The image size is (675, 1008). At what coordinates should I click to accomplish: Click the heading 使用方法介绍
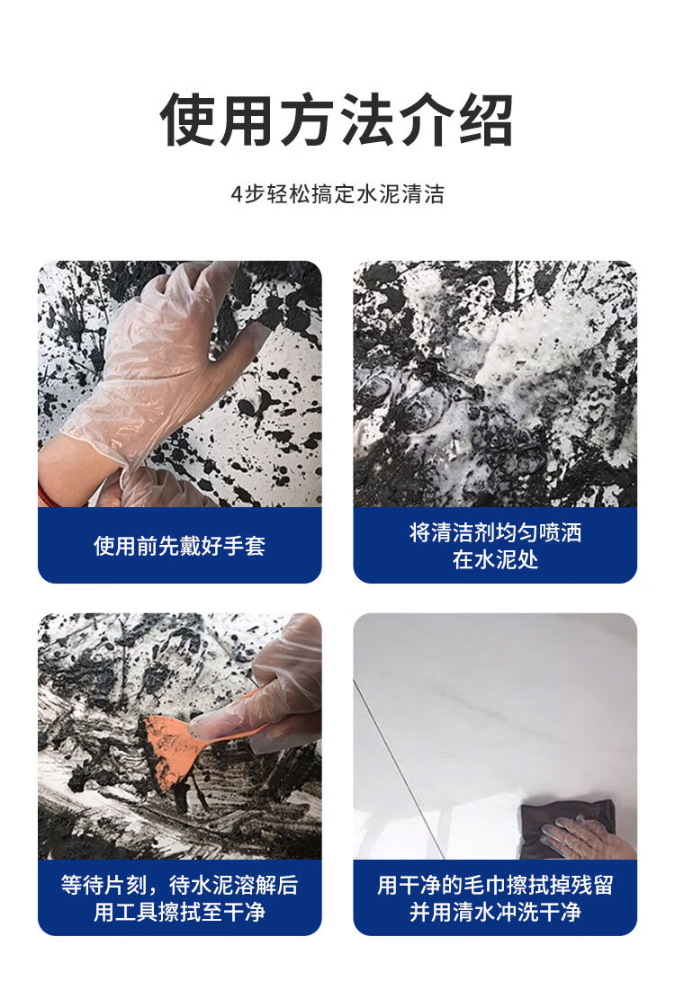point(337,120)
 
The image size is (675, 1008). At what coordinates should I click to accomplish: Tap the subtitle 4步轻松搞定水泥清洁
point(337,193)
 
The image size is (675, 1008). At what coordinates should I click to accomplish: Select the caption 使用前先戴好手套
point(179,546)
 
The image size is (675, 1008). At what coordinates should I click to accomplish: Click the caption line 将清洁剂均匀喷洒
point(495,532)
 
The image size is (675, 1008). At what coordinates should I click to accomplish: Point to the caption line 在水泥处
point(495,559)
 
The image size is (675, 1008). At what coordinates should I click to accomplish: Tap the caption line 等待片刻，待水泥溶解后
point(179,885)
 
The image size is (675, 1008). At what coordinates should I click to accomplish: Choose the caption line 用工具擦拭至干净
point(179,912)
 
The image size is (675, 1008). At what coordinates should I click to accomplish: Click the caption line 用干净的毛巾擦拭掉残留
point(495,885)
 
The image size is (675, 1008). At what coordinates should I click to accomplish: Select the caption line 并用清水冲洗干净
point(495,912)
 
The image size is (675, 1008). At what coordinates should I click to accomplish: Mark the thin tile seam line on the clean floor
point(399,769)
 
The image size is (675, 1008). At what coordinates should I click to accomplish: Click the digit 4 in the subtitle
point(237,194)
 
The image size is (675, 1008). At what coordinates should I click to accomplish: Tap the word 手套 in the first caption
point(245,546)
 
